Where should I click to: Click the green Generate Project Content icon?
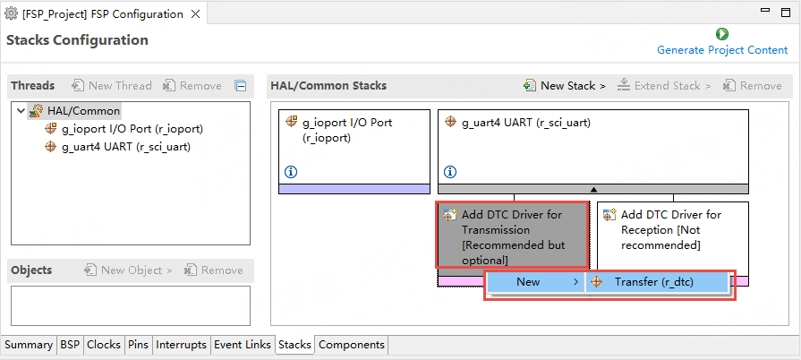point(722,34)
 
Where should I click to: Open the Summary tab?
point(29,345)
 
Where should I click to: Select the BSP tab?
point(70,345)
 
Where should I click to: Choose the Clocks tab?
point(104,345)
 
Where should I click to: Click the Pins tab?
point(138,345)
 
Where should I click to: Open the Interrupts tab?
point(182,345)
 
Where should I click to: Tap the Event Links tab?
point(243,345)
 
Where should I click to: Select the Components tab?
point(352,345)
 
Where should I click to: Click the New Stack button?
point(565,86)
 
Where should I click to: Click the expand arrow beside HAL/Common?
point(21,111)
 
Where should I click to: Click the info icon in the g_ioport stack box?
point(290,172)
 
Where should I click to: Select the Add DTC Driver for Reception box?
point(672,230)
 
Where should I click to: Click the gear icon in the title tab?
point(11,14)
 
